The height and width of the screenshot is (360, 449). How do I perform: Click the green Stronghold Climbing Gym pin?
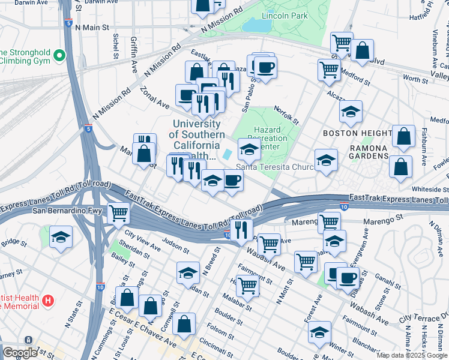pyautogui.click(x=59, y=56)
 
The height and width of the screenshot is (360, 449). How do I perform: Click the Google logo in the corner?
pyautogui.click(x=20, y=353)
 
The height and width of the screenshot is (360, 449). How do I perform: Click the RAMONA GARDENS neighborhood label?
pyautogui.click(x=362, y=156)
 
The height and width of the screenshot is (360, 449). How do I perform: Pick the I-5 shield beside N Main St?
pyautogui.click(x=70, y=24)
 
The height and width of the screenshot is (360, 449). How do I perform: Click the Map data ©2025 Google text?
pyautogui.click(x=411, y=355)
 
